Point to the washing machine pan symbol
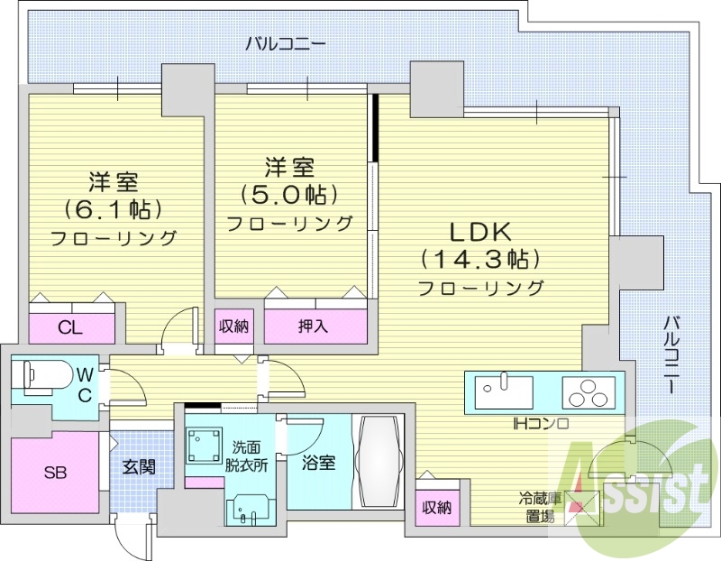(x=205, y=445)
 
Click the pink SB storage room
(x=55, y=474)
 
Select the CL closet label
(x=71, y=327)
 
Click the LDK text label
(x=479, y=228)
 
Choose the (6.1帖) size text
(x=113, y=208)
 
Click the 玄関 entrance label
(x=140, y=467)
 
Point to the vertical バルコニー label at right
(x=671, y=353)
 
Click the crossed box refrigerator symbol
(x=581, y=508)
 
